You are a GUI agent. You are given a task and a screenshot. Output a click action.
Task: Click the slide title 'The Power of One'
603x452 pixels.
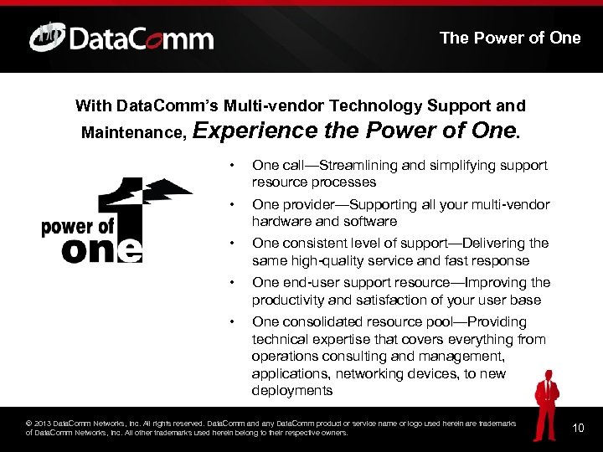pyautogui.click(x=509, y=38)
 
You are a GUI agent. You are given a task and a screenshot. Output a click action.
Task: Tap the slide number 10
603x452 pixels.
pyautogui.click(x=577, y=428)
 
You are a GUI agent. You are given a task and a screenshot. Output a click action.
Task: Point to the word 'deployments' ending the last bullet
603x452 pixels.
pyautogui.click(x=291, y=391)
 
